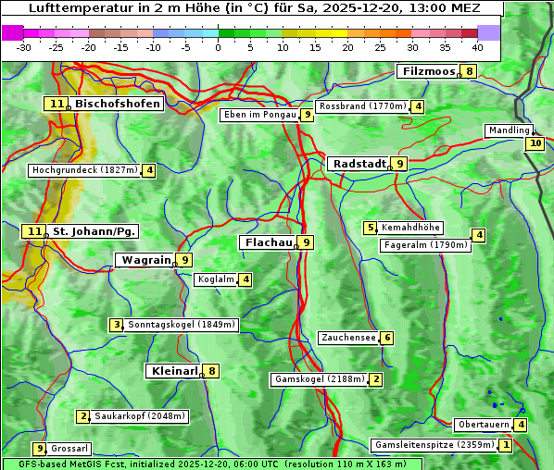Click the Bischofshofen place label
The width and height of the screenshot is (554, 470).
click(118, 104)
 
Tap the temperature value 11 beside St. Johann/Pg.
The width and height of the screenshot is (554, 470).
click(33, 230)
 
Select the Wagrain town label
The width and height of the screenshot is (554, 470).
click(146, 260)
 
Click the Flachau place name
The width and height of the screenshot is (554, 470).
click(268, 242)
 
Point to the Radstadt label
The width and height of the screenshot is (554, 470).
click(359, 163)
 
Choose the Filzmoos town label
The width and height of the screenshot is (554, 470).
click(428, 71)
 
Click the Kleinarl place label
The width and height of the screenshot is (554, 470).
click(174, 371)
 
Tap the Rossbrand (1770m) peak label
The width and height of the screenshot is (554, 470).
click(362, 106)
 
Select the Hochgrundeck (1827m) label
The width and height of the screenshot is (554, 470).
click(84, 170)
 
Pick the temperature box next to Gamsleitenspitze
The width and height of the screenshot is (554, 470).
click(505, 445)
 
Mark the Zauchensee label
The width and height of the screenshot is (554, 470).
click(348, 338)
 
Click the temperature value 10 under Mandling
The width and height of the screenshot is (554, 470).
click(535, 143)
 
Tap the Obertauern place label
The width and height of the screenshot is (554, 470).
click(483, 425)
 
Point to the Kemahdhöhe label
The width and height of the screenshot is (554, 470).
click(410, 228)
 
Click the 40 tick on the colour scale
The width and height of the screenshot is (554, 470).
click(477, 47)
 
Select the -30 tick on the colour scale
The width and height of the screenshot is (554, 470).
click(24, 47)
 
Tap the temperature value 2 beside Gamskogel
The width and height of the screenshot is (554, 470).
click(376, 378)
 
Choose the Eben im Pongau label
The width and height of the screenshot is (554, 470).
click(259, 115)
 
